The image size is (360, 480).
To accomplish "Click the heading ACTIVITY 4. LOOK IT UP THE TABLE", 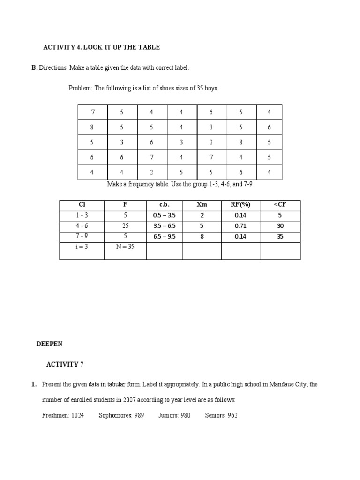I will coord(101,47).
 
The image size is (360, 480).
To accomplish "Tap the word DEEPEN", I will coord(49,344).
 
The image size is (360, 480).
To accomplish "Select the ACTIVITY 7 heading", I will coord(65,364).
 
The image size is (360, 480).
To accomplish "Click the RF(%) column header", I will coord(240,205).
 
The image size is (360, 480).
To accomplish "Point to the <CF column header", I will coord(280,205).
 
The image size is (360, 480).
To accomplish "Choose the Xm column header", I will coord(202,205).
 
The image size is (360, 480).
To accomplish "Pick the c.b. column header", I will coord(164,205).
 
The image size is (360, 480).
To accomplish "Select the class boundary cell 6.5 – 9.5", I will coord(164,237).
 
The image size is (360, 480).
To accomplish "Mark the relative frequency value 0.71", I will coord(240,226).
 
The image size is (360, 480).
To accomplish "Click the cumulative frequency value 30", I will coord(280,226).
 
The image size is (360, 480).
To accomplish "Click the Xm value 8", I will coord(202,237).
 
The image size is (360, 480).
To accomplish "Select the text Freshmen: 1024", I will coord(63,415).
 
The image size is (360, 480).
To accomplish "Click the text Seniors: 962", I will coord(221,415).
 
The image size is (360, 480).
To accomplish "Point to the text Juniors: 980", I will coord(174,415).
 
